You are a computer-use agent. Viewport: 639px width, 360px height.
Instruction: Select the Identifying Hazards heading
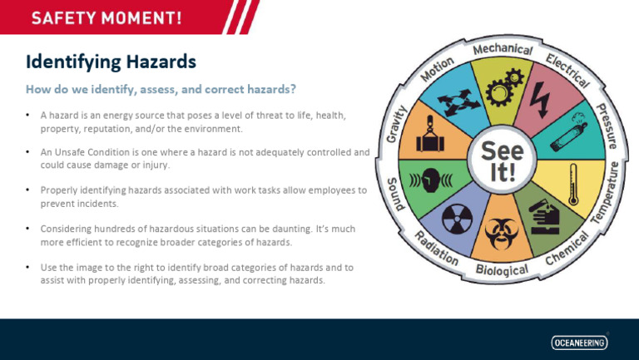point(111,62)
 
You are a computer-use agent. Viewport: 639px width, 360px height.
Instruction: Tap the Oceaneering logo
point(579,342)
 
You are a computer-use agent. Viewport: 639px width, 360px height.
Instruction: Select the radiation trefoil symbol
point(456,219)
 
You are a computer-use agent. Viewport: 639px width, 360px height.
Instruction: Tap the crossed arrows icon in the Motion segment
point(456,102)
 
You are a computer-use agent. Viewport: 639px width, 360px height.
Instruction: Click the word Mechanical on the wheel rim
point(503,50)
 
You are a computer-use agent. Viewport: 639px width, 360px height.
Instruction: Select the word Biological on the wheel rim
point(503,270)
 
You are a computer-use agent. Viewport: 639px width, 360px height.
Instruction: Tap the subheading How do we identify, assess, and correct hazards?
point(161,88)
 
